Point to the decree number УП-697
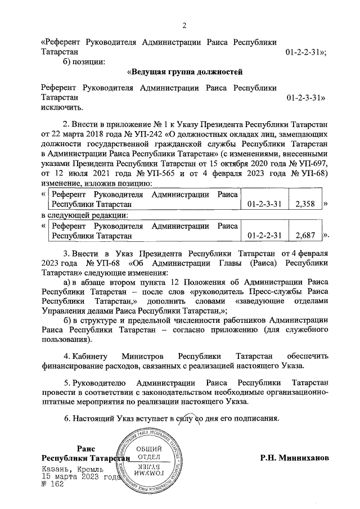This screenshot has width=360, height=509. tap(312, 164)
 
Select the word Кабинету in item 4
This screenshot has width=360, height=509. tap(90, 357)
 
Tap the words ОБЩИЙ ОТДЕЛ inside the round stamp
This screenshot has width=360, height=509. tap(148, 453)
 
